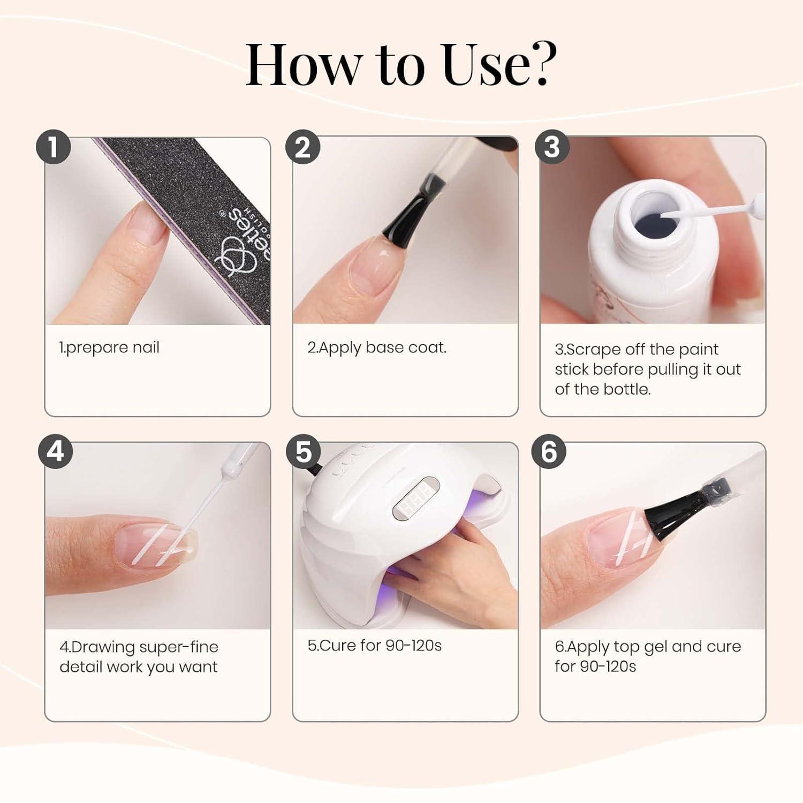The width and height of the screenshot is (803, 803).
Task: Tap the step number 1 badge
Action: [x=54, y=147]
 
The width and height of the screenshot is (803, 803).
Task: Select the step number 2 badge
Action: [x=303, y=147]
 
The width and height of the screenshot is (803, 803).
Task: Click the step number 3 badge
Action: [x=552, y=147]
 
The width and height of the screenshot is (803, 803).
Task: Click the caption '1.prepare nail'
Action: [x=109, y=348]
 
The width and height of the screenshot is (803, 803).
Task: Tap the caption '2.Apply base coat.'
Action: [x=377, y=348]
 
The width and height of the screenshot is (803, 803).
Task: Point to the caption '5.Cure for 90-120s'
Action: [x=375, y=646]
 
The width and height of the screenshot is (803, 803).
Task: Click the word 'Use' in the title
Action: [x=479, y=64]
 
